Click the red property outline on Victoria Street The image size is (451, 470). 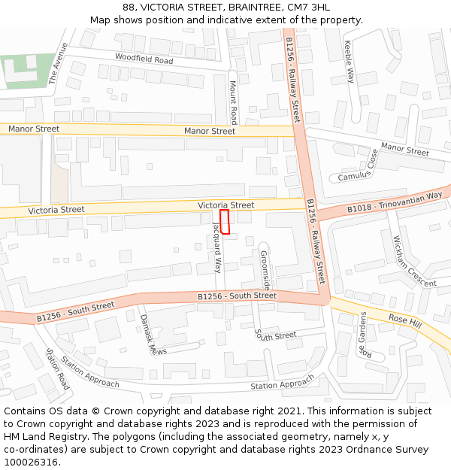(x=224, y=222)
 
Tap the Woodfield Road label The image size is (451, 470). (x=144, y=59)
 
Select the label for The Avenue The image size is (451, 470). (x=58, y=62)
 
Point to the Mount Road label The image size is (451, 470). (x=233, y=103)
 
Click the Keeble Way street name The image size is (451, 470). (x=350, y=62)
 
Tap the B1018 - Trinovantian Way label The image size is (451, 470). (x=395, y=202)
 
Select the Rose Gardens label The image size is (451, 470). (x=364, y=334)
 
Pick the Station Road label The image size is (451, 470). (x=58, y=368)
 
